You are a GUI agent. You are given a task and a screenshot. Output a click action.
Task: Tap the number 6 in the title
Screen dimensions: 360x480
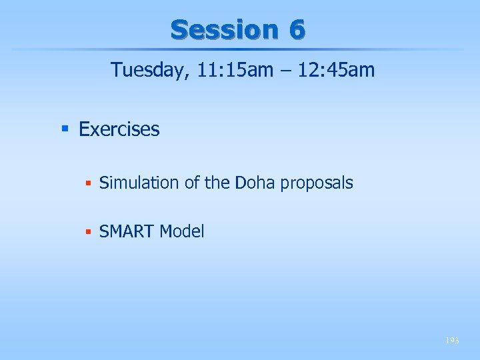(297, 29)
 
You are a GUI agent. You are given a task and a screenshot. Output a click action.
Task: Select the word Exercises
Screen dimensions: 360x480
(119, 129)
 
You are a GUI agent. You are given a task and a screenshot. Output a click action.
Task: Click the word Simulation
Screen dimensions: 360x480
(139, 183)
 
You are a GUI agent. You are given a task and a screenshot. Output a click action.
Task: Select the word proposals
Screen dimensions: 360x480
(317, 183)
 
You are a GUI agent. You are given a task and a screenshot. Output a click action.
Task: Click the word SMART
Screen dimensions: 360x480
(126, 232)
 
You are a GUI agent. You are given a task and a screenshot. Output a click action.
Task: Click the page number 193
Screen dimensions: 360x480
(453, 341)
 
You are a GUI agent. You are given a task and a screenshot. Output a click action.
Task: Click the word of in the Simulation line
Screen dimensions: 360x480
(192, 183)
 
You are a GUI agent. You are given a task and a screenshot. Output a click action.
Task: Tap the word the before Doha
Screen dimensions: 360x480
(217, 183)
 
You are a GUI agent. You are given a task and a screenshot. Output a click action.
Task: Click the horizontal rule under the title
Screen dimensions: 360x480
(240, 49)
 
